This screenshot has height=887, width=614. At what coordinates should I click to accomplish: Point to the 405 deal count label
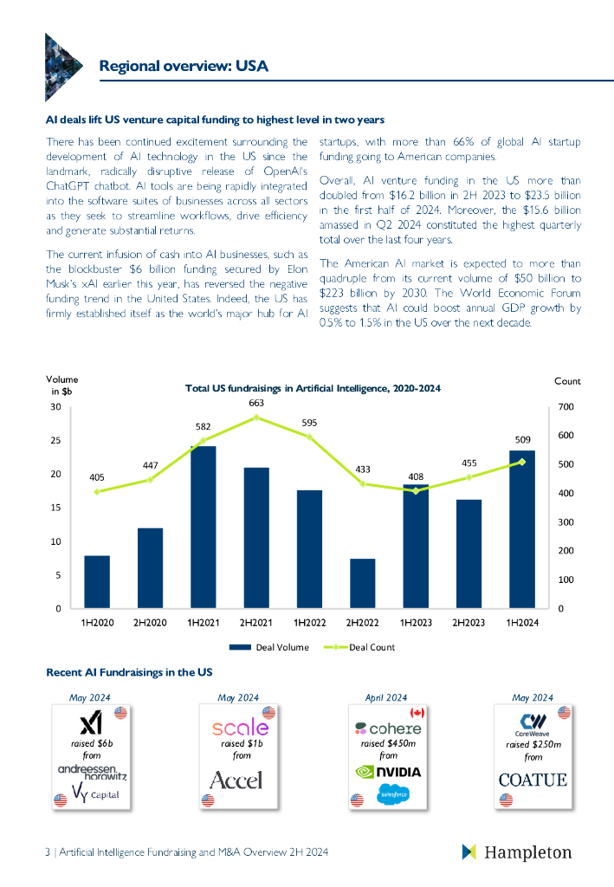coord(97,476)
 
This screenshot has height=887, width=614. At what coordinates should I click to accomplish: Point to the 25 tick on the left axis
coord(55,441)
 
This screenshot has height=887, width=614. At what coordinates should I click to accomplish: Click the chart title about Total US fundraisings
coord(313,389)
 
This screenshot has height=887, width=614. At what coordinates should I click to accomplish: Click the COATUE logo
coord(533,780)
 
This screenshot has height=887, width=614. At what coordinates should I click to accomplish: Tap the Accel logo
coord(236,780)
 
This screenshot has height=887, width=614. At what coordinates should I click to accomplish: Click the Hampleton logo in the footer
coord(517,852)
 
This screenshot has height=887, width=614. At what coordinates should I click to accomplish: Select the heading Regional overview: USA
coord(184,66)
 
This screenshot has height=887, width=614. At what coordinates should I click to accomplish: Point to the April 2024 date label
coord(385,697)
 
